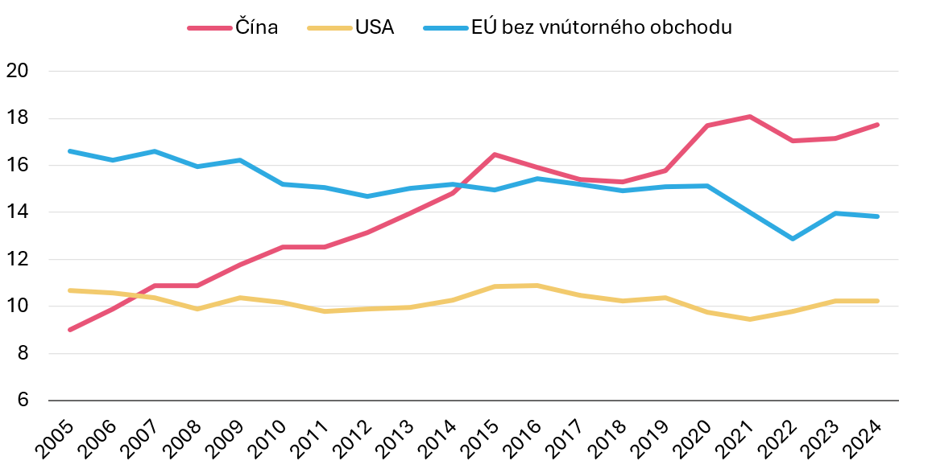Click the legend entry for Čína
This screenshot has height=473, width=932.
[256, 27]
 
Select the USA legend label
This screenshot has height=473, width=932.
[374, 27]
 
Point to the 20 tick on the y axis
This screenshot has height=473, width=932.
[17, 71]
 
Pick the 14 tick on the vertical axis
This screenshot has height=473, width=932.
[17, 212]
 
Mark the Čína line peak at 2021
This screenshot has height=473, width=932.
[750, 117]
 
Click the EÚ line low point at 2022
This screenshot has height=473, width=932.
[793, 239]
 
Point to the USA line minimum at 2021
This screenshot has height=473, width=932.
[750, 319]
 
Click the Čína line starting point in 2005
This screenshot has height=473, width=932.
[70, 330]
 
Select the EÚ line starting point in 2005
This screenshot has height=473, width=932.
[70, 151]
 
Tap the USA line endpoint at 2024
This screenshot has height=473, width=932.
[877, 301]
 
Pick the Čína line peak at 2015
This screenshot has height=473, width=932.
[495, 154]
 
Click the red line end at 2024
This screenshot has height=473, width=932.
[877, 125]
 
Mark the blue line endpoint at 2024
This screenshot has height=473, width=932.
[877, 216]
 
